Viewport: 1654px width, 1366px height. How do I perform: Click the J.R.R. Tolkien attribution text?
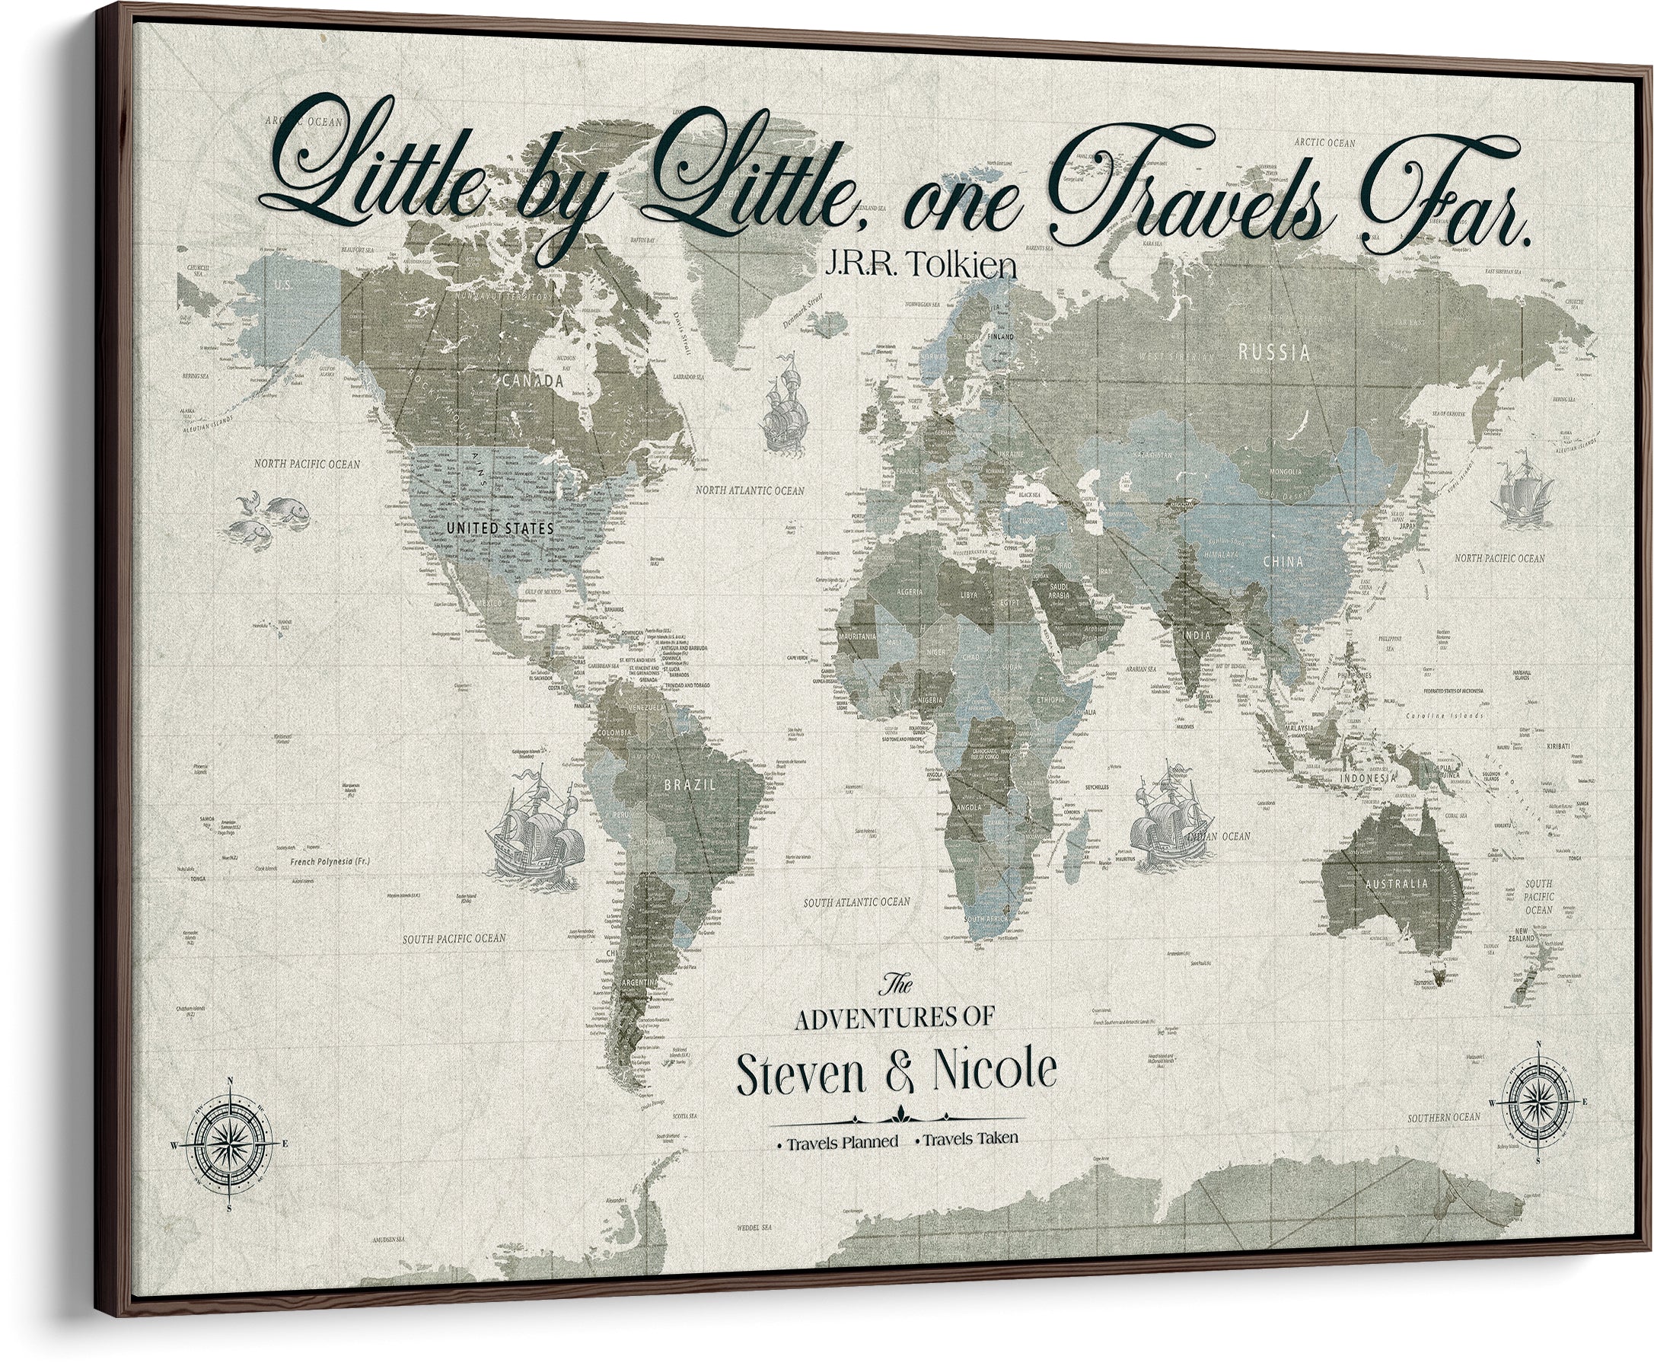point(919,265)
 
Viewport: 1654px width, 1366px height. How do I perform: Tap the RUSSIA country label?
point(1274,352)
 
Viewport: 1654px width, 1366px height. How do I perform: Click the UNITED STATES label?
point(500,528)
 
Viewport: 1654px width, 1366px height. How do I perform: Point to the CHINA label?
point(1283,562)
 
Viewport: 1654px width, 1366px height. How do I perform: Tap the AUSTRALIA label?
point(1396,884)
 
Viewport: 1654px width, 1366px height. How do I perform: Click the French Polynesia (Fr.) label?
point(330,861)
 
